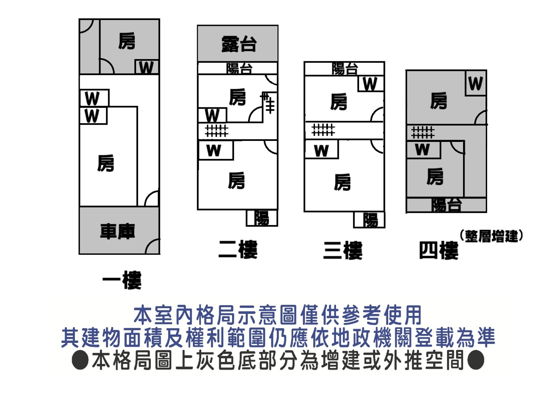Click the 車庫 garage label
click(x=118, y=231)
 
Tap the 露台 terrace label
click(x=239, y=44)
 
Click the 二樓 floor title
click(x=238, y=249)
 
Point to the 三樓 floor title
click(x=343, y=250)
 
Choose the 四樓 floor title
click(x=439, y=250)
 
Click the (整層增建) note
click(x=491, y=236)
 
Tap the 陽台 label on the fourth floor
click(x=446, y=205)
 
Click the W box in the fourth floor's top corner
click(x=476, y=83)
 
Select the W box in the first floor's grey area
click(x=146, y=67)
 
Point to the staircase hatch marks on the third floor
click(x=323, y=130)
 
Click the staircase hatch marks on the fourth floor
click(x=423, y=132)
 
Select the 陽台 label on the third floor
click(x=345, y=69)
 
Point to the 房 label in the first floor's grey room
click(x=127, y=41)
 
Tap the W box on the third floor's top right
click(x=370, y=84)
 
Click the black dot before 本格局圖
click(x=80, y=360)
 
